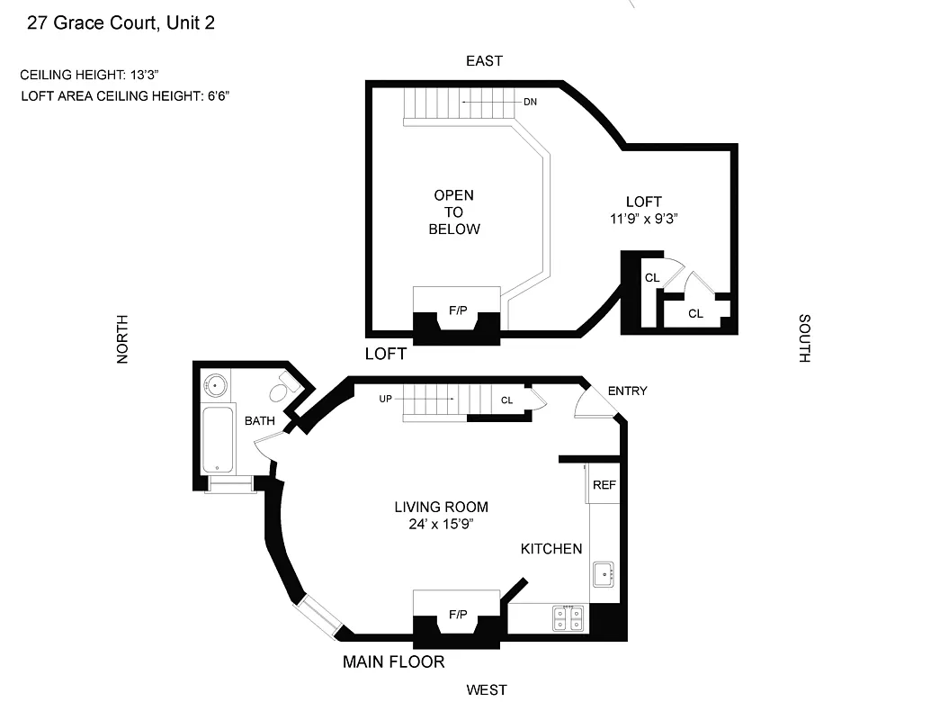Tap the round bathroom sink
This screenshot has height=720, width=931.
pyautogui.click(x=215, y=386)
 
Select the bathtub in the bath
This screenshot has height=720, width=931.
pyautogui.click(x=217, y=440)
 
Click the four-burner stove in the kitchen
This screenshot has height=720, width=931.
pyautogui.click(x=568, y=617)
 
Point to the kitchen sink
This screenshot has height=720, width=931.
pyautogui.click(x=604, y=572)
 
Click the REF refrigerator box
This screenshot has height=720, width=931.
pyautogui.click(x=604, y=485)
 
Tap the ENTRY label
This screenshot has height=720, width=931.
pyautogui.click(x=627, y=391)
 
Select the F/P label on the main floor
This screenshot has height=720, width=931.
pyautogui.click(x=458, y=615)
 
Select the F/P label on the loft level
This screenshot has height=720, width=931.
pyautogui.click(x=458, y=310)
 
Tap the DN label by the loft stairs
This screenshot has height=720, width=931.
pyautogui.click(x=530, y=102)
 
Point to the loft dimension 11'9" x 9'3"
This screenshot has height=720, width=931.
pyautogui.click(x=643, y=218)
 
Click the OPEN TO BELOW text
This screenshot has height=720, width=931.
pyautogui.click(x=453, y=211)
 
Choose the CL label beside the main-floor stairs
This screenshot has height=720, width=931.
pyautogui.click(x=506, y=400)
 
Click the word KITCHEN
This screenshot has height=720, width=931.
pyautogui.click(x=551, y=548)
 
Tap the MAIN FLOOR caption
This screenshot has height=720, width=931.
pyautogui.click(x=393, y=662)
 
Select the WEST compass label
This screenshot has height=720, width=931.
pyautogui.click(x=486, y=690)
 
